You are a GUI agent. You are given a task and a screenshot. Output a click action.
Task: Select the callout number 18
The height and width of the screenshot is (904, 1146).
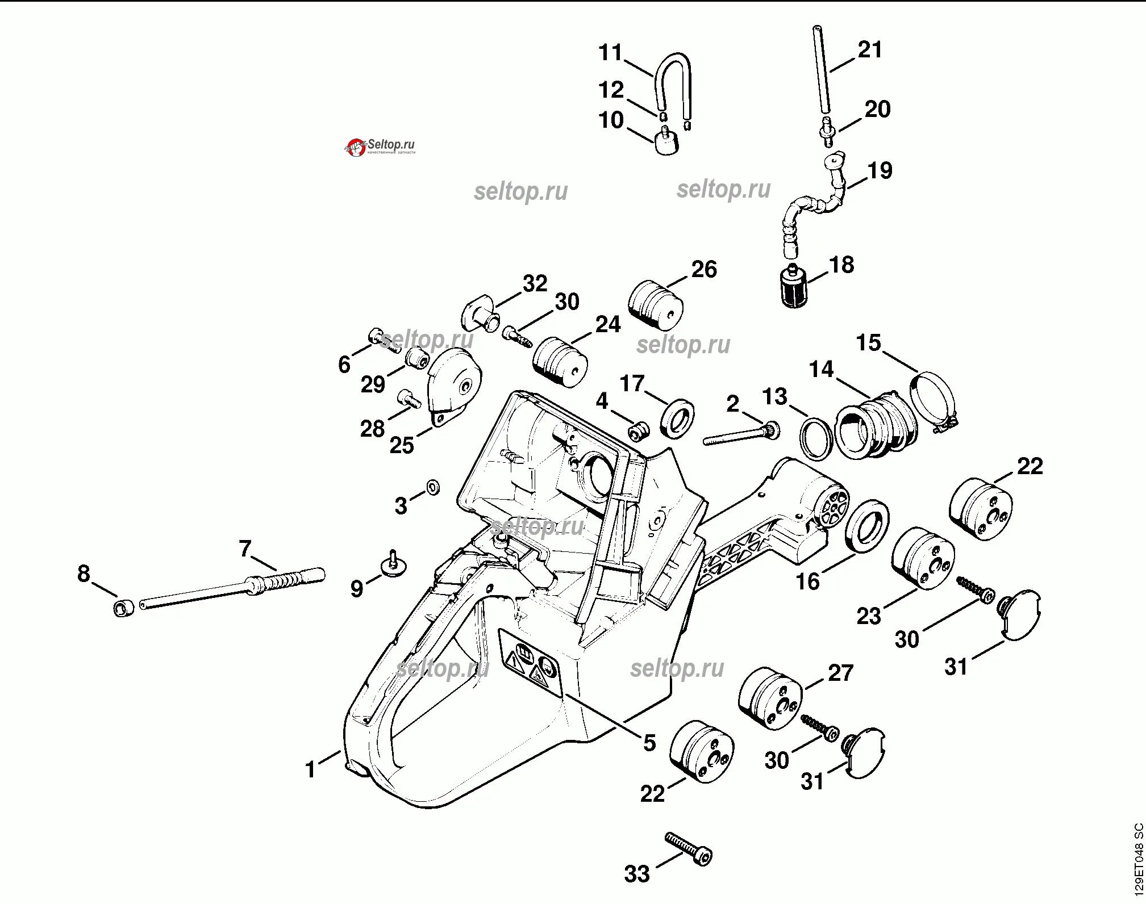coord(841,265)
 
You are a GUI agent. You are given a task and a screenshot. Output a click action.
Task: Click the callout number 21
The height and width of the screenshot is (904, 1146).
coord(870,49)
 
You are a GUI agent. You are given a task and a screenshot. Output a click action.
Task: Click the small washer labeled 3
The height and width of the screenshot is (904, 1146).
coord(432,487)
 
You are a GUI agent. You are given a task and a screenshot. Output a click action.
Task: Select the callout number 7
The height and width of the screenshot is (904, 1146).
coord(245,549)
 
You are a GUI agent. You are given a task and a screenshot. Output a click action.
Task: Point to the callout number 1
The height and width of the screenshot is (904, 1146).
coord(310,769)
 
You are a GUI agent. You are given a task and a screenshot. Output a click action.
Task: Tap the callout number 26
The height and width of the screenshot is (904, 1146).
coord(704,269)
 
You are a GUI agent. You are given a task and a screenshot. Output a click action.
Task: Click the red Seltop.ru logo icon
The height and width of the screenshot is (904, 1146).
coord(355,148)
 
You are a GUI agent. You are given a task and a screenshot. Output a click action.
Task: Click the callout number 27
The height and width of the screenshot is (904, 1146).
coord(840,673)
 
